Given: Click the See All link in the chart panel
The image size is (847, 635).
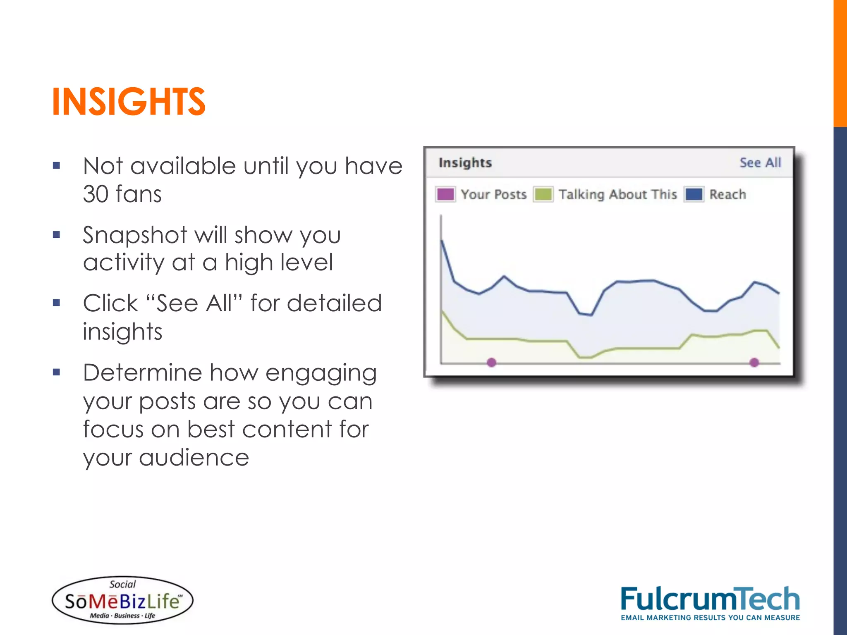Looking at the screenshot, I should [760, 162].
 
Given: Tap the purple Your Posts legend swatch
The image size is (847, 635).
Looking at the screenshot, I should [445, 194].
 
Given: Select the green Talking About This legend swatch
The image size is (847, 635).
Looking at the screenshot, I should [543, 194].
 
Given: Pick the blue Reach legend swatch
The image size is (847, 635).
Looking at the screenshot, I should [694, 194].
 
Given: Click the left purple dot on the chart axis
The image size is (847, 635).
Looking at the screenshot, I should [491, 363].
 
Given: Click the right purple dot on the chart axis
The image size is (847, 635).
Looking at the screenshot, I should [754, 363].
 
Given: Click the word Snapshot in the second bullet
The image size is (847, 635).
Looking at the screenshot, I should [135, 236].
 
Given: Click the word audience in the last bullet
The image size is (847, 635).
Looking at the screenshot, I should [194, 458].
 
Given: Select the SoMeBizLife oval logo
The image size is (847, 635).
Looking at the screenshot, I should [122, 600].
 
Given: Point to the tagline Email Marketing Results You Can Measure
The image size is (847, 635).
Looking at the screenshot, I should [710, 618].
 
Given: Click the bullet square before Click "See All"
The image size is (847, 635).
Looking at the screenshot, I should [57, 303].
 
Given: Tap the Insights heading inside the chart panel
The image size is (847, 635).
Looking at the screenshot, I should [465, 162].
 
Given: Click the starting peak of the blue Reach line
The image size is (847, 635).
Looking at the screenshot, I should [442, 240].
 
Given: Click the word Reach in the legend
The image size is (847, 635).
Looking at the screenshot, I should [727, 194].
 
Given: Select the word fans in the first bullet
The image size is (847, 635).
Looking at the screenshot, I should [139, 194].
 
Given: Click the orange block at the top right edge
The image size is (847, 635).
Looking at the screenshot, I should [840, 62].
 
